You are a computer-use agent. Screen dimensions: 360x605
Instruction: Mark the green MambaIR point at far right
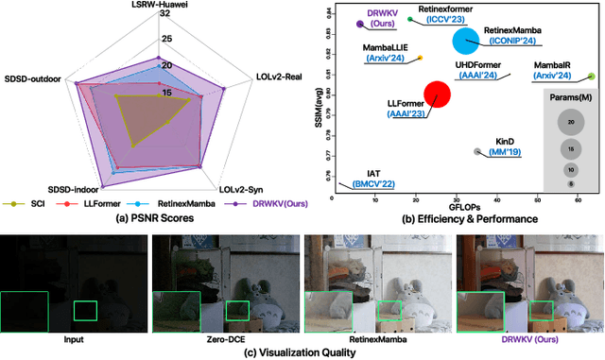coord(592,76)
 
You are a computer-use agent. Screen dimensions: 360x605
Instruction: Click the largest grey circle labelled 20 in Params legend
coord(571,122)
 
